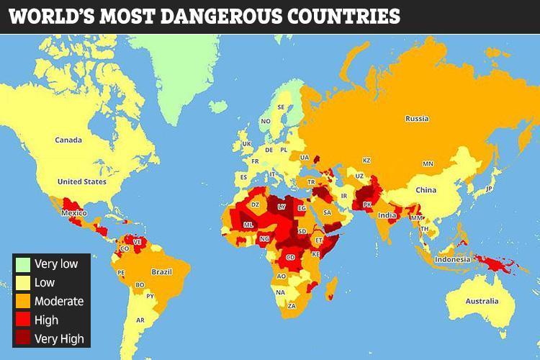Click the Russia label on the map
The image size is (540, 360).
[x=417, y=119]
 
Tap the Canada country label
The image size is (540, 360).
[x=69, y=140]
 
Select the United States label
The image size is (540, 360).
[x=81, y=181]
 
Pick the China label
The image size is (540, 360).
[x=426, y=190]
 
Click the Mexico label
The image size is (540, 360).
[x=73, y=214]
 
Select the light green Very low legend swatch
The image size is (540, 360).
[x=24, y=264]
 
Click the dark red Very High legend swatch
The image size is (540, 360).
[x=24, y=338]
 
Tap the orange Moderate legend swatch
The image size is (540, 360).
[x=24, y=301]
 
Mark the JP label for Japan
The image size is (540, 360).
[x=488, y=189]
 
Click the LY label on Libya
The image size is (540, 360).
[x=282, y=207]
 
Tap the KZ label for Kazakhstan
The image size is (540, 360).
[x=366, y=160]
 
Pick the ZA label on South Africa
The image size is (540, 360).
[x=291, y=305]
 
